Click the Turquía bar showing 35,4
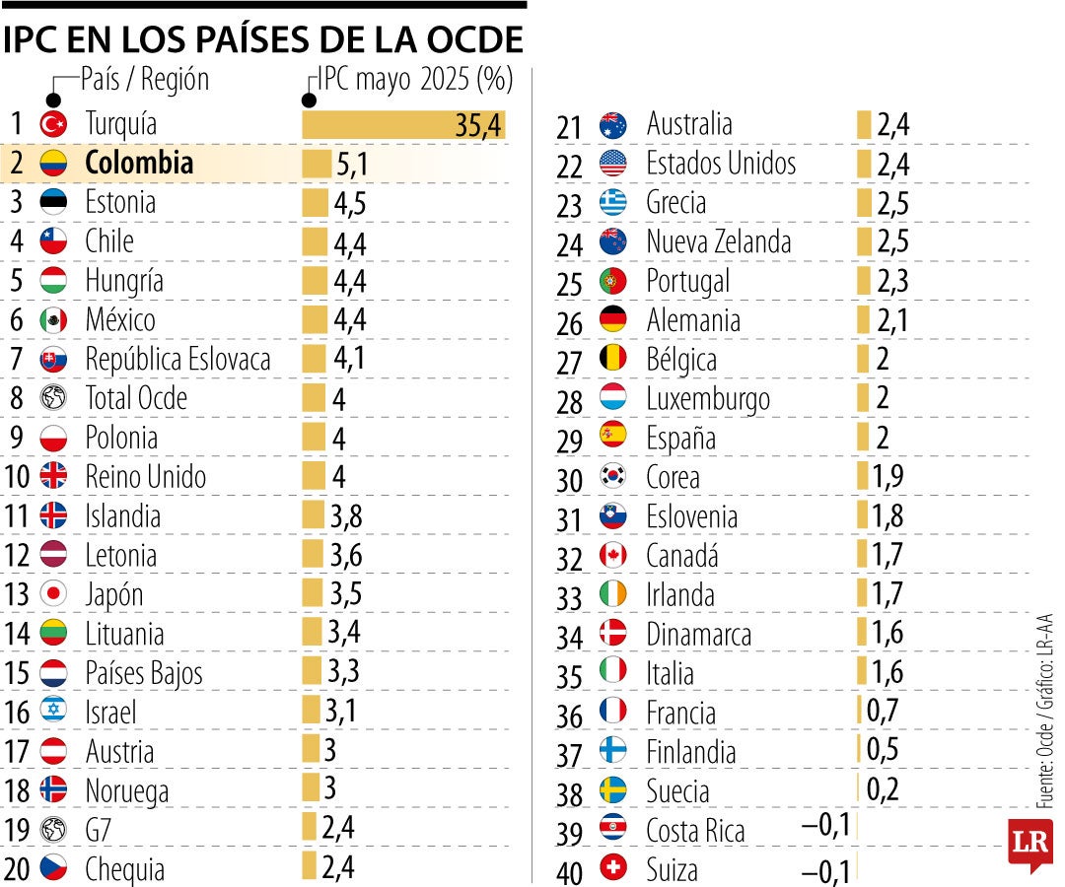[x=403, y=124]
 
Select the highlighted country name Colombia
[x=139, y=163]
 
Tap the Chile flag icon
[x=53, y=241]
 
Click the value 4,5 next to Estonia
[x=350, y=203]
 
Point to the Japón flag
[x=53, y=594]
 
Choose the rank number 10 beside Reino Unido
[x=17, y=478]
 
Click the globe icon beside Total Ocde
[x=53, y=398]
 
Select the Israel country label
[x=110, y=713]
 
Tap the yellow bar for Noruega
[x=310, y=790]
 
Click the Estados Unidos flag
[x=612, y=164]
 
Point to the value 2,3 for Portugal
[x=892, y=282]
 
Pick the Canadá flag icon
[x=612, y=556]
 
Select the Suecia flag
[x=612, y=790]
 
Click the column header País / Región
[x=145, y=79]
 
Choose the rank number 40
[x=570, y=871]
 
